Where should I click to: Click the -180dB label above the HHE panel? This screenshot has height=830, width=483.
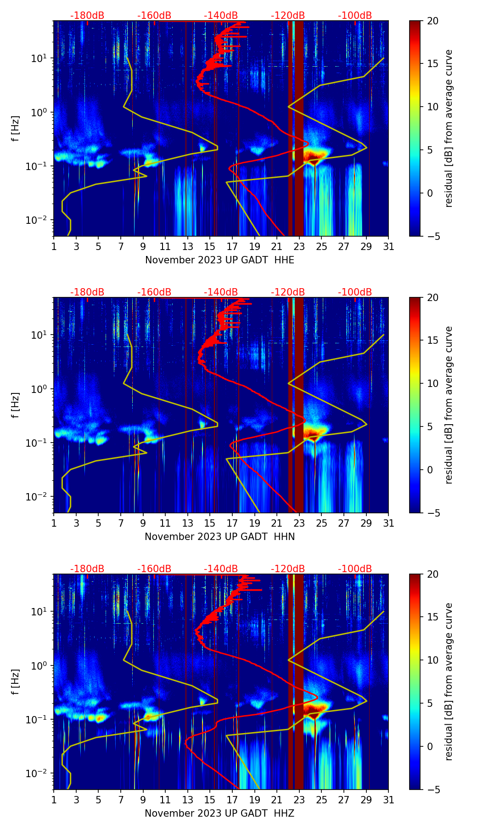(87, 16)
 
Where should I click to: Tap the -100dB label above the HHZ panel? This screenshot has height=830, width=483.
(355, 569)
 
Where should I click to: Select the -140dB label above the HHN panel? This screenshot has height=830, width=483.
(221, 292)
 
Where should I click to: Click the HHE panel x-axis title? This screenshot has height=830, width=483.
(219, 260)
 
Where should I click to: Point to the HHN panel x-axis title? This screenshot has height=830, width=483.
(219, 537)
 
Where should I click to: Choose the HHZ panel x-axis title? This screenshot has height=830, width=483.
(219, 813)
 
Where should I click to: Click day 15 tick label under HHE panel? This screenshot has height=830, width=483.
(209, 246)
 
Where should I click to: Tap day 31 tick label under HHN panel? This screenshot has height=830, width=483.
(388, 523)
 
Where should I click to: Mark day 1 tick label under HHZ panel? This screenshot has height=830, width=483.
(54, 800)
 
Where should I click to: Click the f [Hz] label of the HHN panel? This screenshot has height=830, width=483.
(16, 405)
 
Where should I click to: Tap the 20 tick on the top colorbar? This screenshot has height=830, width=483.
(432, 21)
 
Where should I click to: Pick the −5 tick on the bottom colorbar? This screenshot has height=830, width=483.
(432, 790)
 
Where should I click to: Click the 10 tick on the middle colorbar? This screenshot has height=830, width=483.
(432, 383)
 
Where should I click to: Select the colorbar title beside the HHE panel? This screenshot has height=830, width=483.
(449, 128)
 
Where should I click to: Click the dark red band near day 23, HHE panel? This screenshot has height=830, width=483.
(299, 129)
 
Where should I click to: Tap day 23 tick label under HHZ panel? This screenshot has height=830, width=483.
(299, 800)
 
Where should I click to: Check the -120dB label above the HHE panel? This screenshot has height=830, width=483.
(288, 16)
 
